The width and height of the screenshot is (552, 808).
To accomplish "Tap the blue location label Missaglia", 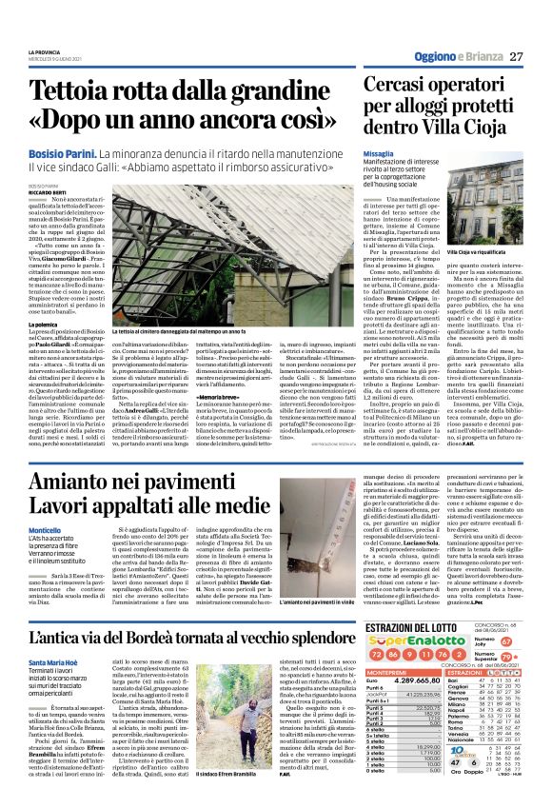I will pos(379,152).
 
